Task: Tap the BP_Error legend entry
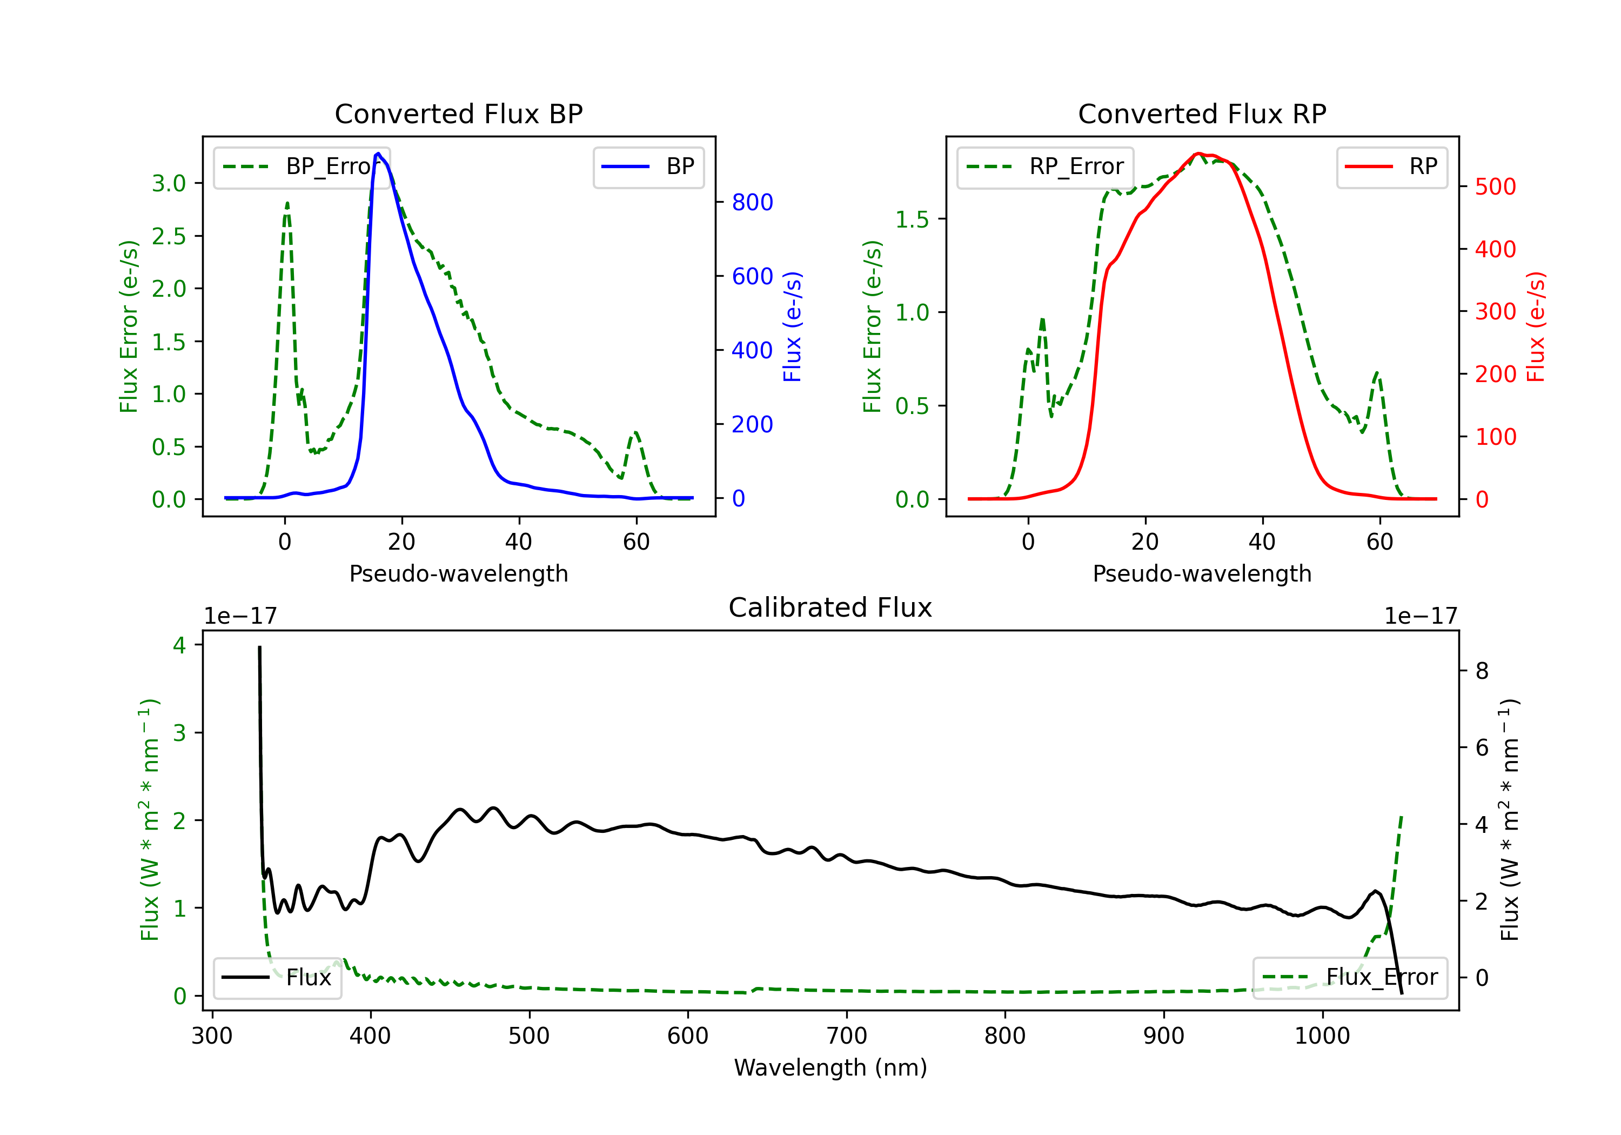pos(302,166)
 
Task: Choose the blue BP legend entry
pos(649,166)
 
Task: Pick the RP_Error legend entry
pos(1046,166)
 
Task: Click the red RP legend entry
pos(1391,166)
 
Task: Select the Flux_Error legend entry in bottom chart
pos(1350,978)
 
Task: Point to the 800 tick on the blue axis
pos(752,203)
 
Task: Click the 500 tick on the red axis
pos(1495,187)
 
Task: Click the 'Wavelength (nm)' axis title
pos(830,1068)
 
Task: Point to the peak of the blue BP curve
pos(378,153)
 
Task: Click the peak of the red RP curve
pos(1198,153)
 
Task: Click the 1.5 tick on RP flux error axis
pos(912,219)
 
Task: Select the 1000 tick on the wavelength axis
pos(1322,1036)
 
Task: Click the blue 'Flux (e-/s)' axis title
pos(792,327)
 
